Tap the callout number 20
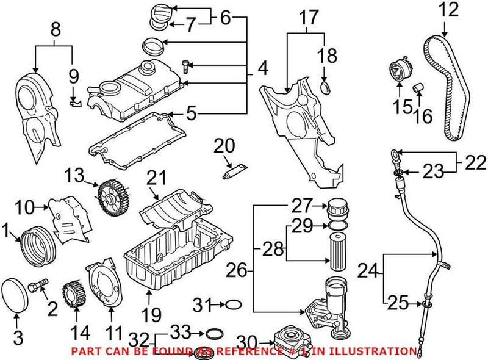coord(224,146)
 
